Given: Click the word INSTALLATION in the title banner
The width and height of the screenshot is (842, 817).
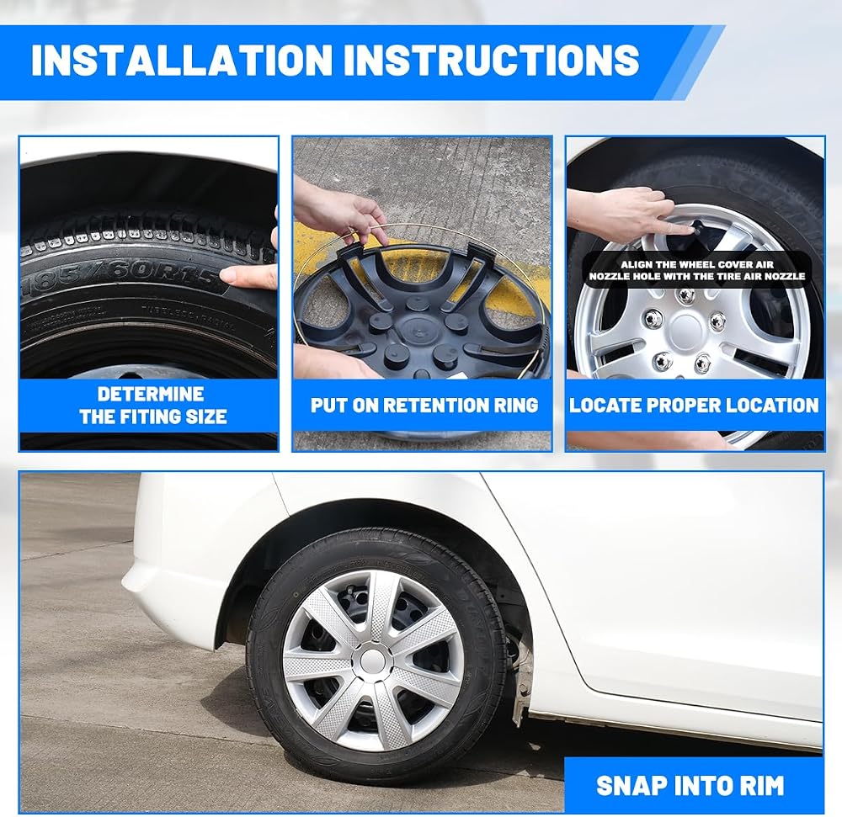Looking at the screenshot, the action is (182, 59).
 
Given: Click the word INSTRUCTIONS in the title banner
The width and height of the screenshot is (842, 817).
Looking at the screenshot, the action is (491, 59).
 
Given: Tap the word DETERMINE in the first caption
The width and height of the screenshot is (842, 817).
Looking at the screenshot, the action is (151, 394).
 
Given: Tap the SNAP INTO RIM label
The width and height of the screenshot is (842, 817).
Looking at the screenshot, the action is (690, 785).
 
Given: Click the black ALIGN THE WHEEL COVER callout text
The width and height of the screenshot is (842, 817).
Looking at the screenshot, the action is (697, 270).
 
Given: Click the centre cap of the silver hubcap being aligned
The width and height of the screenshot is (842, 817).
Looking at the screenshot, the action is (685, 328).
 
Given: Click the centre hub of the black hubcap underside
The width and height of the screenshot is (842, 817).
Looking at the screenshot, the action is (418, 328).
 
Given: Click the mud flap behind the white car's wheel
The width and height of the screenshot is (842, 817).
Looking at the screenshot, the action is (520, 692).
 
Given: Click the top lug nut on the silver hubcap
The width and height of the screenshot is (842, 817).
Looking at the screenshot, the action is (685, 295).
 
